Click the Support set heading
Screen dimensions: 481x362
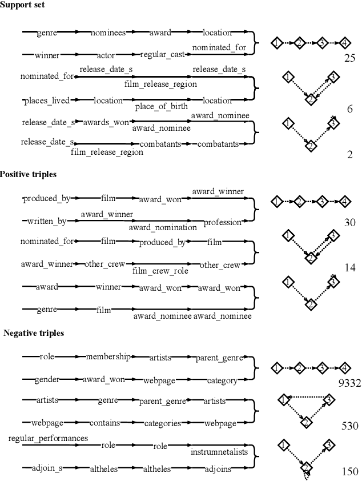23,5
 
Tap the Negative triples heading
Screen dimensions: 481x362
34,333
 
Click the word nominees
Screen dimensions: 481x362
108,33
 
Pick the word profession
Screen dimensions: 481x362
223,222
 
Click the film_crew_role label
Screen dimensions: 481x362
160,271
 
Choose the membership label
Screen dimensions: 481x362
108,357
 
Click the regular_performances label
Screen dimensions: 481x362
48,438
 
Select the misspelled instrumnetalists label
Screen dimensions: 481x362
220,451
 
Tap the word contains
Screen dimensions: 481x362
104,423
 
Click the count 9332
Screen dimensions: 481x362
348,383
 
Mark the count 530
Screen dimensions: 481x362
349,426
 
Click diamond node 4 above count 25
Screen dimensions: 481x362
344,43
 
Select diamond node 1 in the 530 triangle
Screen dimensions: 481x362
284,400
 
